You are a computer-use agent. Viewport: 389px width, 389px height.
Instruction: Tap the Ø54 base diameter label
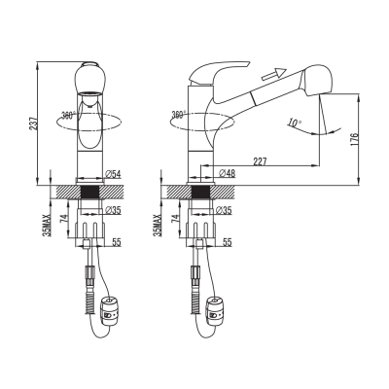[x=113, y=174]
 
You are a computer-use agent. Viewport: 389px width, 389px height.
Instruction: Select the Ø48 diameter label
[x=228, y=173]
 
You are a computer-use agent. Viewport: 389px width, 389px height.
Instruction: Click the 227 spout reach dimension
[x=260, y=161]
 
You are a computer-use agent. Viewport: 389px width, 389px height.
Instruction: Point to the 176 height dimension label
[x=354, y=139]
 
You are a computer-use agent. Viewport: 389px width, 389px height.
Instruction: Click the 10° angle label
[x=295, y=123]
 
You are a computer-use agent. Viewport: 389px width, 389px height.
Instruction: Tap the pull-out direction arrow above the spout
[x=274, y=74]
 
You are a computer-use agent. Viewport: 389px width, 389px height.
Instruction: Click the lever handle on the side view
[x=219, y=72]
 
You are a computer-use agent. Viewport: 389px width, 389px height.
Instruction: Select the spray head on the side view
[x=317, y=81]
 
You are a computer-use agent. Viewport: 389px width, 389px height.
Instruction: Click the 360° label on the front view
[x=68, y=115]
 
